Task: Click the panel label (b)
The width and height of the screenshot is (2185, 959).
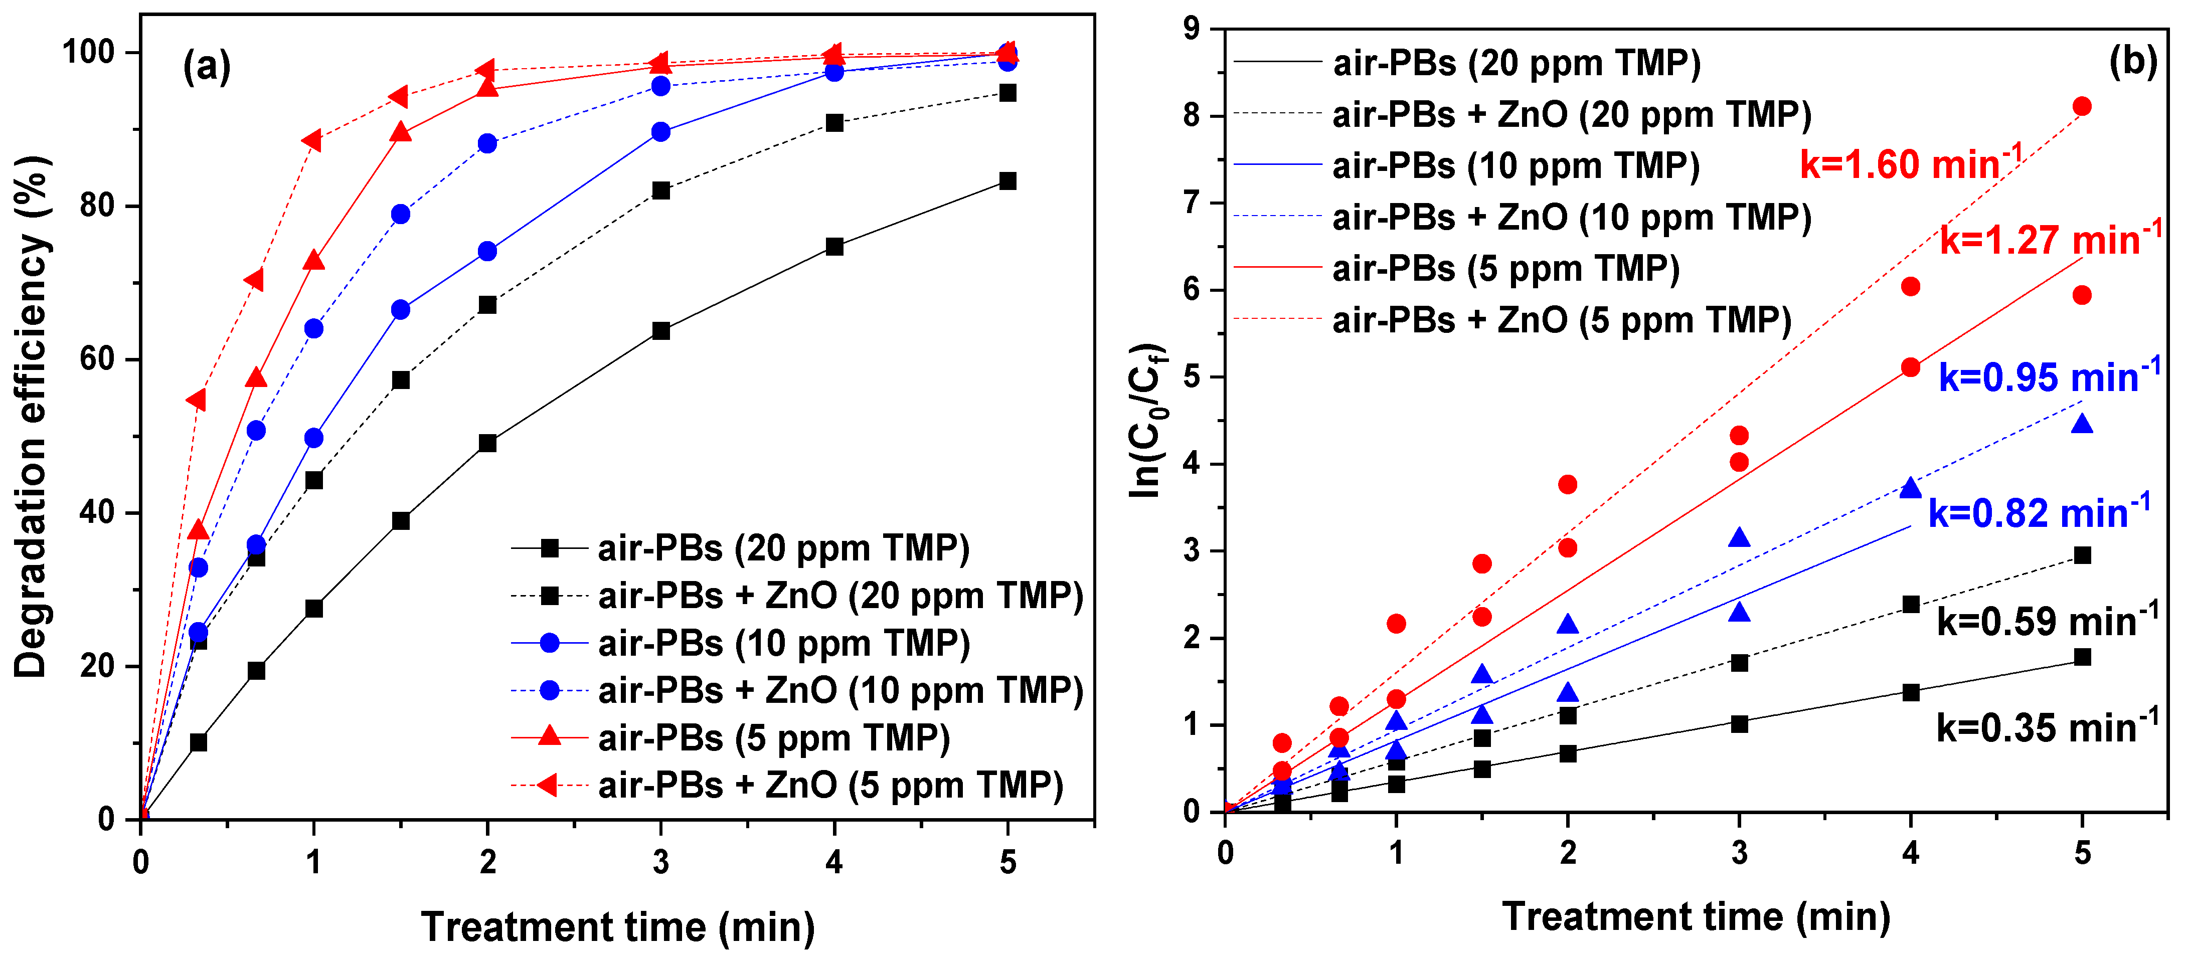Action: pyautogui.click(x=2131, y=61)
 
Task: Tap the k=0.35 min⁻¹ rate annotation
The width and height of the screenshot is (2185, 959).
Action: pyautogui.click(x=2047, y=727)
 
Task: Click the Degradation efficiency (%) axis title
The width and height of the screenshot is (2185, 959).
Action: pyautogui.click(x=32, y=416)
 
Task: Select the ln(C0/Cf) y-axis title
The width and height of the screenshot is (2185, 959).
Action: pyautogui.click(x=1147, y=420)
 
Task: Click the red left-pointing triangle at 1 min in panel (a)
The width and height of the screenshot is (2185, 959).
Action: pyautogui.click(x=312, y=141)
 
